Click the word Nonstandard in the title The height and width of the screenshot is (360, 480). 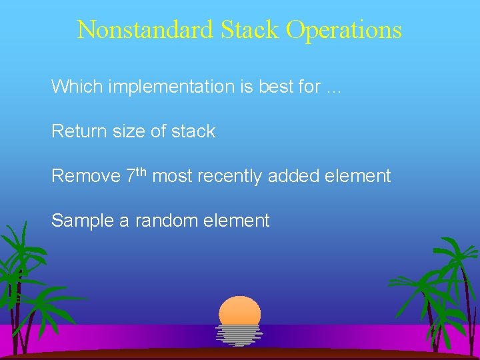point(145,30)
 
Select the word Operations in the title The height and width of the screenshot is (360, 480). point(344,30)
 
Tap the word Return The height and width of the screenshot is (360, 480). point(74,131)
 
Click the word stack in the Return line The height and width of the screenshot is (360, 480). point(193,131)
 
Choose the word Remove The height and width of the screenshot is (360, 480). point(85,176)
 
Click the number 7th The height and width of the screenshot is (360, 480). point(137,175)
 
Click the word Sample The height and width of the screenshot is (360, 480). point(82,221)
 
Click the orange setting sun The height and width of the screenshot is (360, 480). point(240,311)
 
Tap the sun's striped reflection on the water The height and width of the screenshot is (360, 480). point(239,335)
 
